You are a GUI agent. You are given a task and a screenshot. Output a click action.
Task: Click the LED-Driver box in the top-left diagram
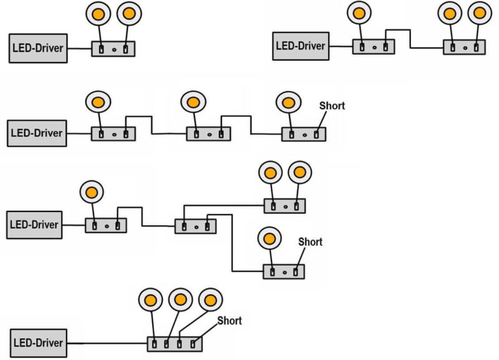[38, 48]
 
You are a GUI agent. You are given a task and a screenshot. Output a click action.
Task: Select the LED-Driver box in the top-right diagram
[301, 46]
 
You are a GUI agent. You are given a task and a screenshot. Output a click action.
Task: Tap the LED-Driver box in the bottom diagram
[38, 343]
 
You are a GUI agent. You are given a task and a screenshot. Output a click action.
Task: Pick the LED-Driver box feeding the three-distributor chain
[38, 133]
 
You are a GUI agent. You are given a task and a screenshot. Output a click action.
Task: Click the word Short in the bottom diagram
[230, 321]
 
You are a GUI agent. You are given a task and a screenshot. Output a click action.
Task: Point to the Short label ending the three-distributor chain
[332, 105]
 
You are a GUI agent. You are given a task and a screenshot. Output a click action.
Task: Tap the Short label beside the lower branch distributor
[310, 241]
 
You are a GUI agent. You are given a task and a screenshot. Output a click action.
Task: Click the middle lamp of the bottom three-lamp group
[180, 300]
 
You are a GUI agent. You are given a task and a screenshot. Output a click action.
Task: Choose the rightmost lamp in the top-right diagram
[479, 13]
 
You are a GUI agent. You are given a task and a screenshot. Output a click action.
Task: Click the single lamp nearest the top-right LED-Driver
[358, 12]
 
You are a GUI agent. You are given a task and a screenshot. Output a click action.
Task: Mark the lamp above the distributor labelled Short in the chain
[288, 102]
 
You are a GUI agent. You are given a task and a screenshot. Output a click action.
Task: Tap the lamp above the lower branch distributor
[269, 238]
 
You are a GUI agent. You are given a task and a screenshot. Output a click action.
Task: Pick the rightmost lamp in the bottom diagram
[209, 300]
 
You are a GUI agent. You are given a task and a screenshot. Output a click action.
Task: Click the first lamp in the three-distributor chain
[97, 102]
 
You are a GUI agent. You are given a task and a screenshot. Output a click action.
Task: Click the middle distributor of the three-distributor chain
[208, 134]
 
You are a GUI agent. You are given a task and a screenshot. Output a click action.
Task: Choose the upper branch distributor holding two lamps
[284, 205]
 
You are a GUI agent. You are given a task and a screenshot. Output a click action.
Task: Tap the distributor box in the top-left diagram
[113, 48]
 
